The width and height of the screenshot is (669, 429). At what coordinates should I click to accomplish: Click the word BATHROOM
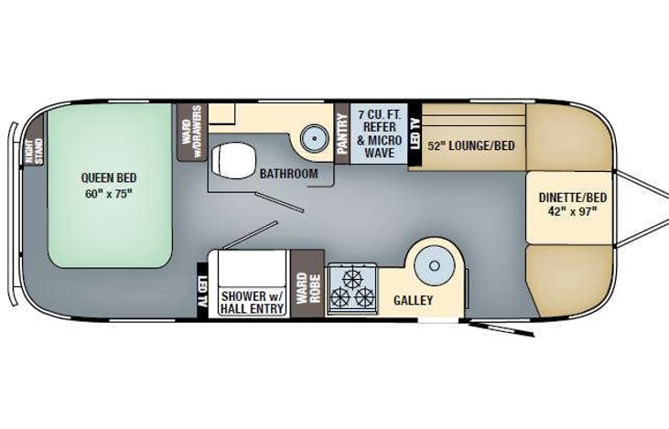tap(287, 174)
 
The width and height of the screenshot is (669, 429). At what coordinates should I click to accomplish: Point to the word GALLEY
tap(413, 300)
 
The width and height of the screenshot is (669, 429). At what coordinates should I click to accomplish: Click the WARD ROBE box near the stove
tap(305, 284)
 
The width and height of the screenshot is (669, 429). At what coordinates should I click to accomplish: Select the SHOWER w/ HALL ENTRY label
tap(252, 301)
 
